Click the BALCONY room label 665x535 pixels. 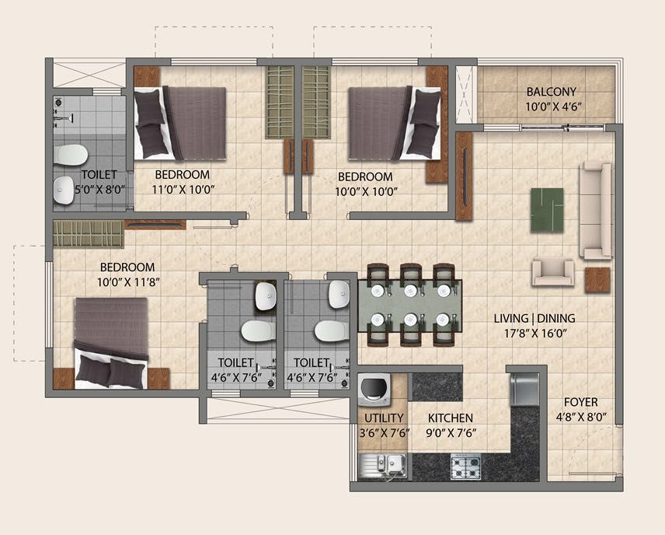[552, 92]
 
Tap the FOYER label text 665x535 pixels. [580, 402]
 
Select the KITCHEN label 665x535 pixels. [451, 418]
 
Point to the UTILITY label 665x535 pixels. [384, 418]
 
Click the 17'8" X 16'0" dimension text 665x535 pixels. [535, 334]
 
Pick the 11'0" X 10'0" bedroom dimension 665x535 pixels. [183, 190]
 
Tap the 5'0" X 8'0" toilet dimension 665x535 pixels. [100, 190]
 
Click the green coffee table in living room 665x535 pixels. [547, 210]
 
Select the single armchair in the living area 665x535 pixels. [553, 271]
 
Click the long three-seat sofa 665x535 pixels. [596, 211]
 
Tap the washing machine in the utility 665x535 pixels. [374, 389]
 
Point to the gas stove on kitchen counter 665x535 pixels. [465, 467]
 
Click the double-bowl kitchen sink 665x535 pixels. [382, 467]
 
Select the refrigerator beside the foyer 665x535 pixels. [524, 390]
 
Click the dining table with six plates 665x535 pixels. [410, 306]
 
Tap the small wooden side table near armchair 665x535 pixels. [597, 280]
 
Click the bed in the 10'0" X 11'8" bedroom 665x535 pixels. [111, 343]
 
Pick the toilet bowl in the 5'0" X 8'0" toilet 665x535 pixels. [71, 155]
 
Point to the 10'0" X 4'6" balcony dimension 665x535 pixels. [553, 107]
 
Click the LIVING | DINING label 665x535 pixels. [534, 318]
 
